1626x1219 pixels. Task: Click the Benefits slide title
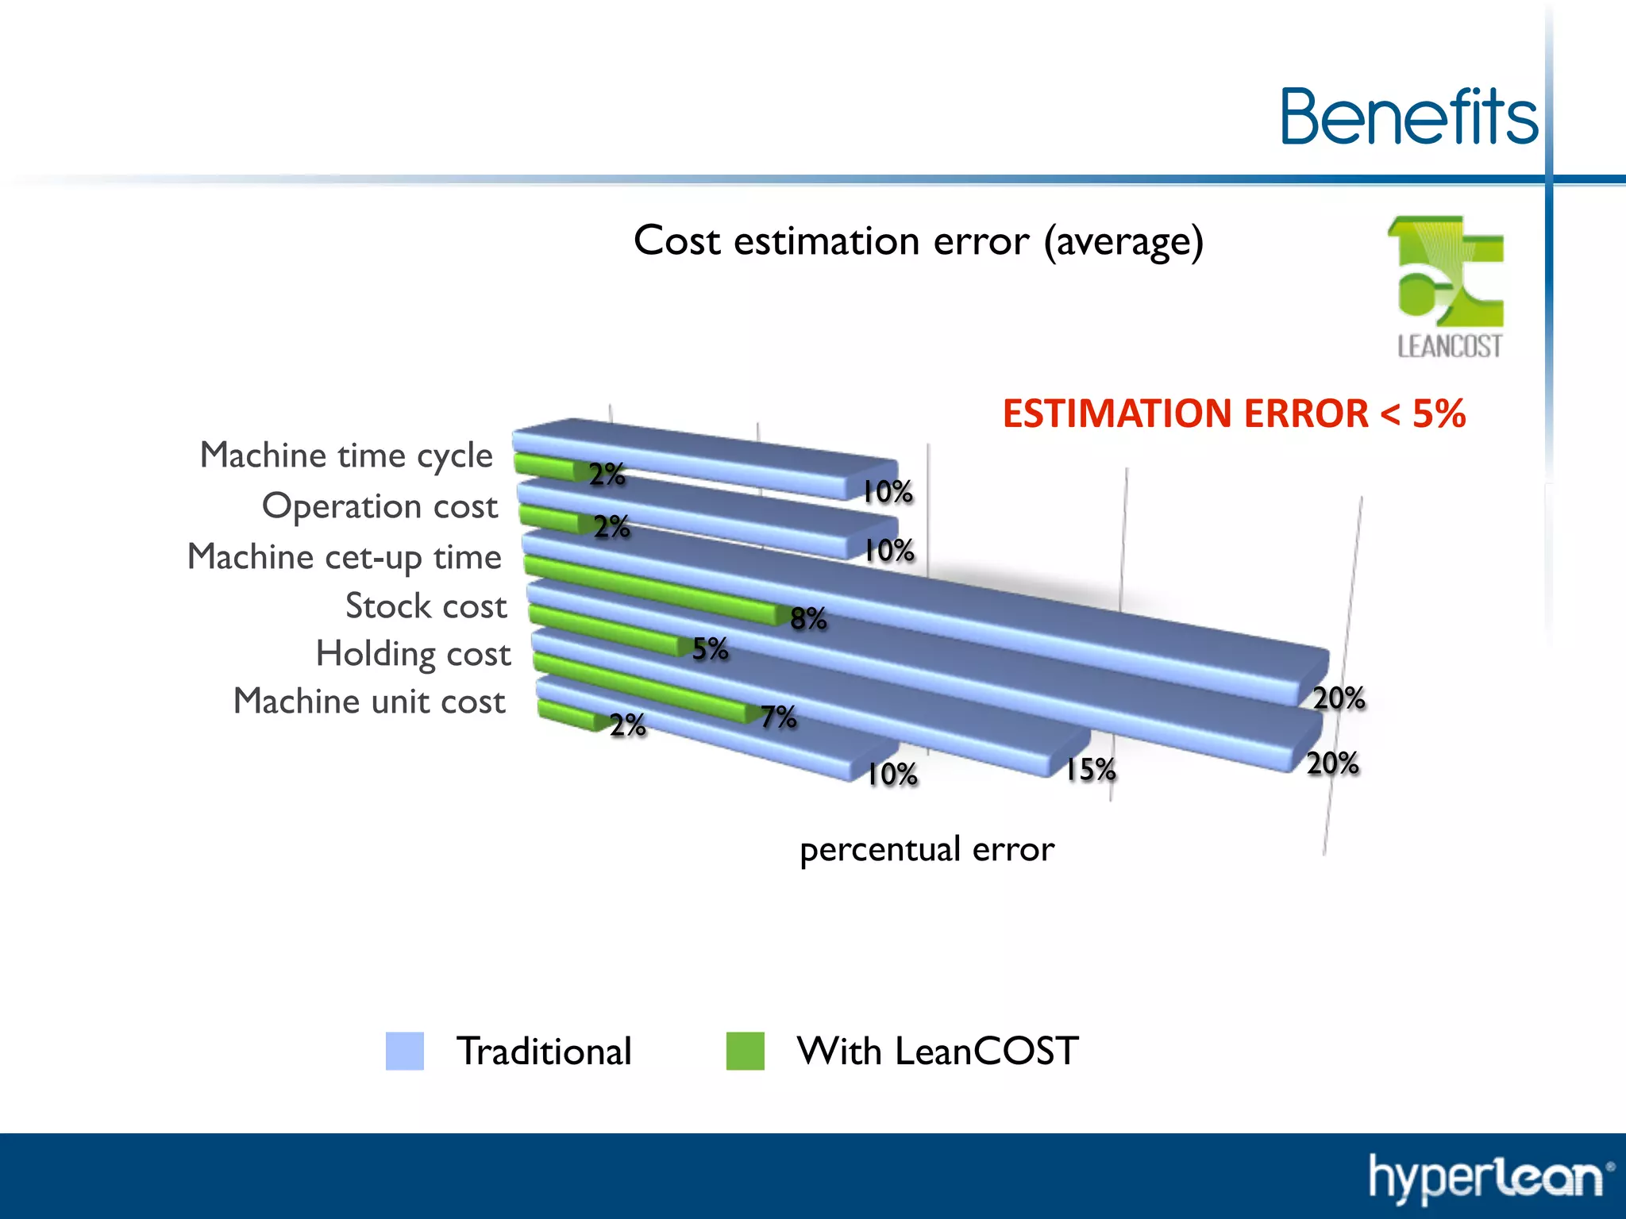(x=1408, y=117)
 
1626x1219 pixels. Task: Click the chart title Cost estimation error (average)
(x=918, y=240)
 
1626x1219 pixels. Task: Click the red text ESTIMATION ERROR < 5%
(x=1233, y=413)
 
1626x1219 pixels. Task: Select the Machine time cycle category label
(x=346, y=456)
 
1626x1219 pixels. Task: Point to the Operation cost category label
(x=380, y=506)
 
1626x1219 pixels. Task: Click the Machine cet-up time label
(x=345, y=556)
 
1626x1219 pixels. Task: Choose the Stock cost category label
(x=426, y=606)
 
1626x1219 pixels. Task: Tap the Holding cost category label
(x=413, y=654)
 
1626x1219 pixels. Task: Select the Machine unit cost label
(x=369, y=702)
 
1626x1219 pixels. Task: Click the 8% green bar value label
(x=808, y=618)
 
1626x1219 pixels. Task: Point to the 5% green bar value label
(x=710, y=649)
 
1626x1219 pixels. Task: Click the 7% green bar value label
(x=778, y=717)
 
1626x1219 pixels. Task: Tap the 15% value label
(x=1090, y=769)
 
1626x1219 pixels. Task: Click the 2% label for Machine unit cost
(x=627, y=725)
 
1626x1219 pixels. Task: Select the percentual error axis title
(x=927, y=849)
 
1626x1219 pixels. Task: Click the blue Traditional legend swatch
(x=405, y=1051)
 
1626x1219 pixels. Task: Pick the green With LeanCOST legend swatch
(x=745, y=1051)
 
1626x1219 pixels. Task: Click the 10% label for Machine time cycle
(x=888, y=492)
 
